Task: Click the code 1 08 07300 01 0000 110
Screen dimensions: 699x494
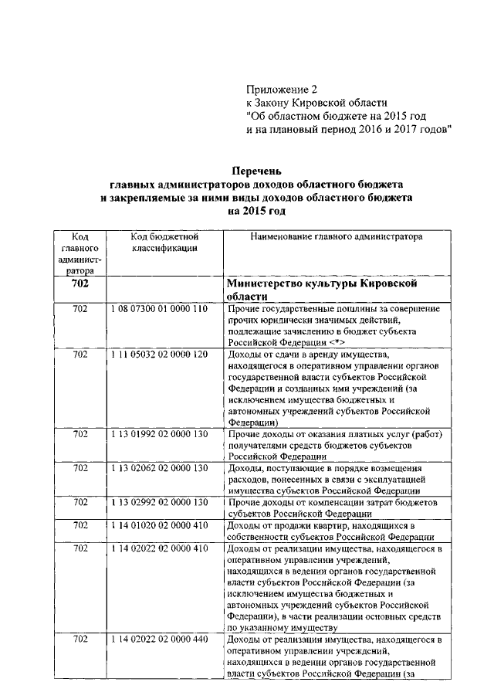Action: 160,308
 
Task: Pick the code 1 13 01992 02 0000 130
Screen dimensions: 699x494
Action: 160,434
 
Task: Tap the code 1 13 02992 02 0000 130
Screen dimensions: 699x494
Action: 160,502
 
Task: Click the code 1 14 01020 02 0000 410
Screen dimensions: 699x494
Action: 160,525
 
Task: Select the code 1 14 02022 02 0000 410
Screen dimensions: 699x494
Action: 160,548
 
